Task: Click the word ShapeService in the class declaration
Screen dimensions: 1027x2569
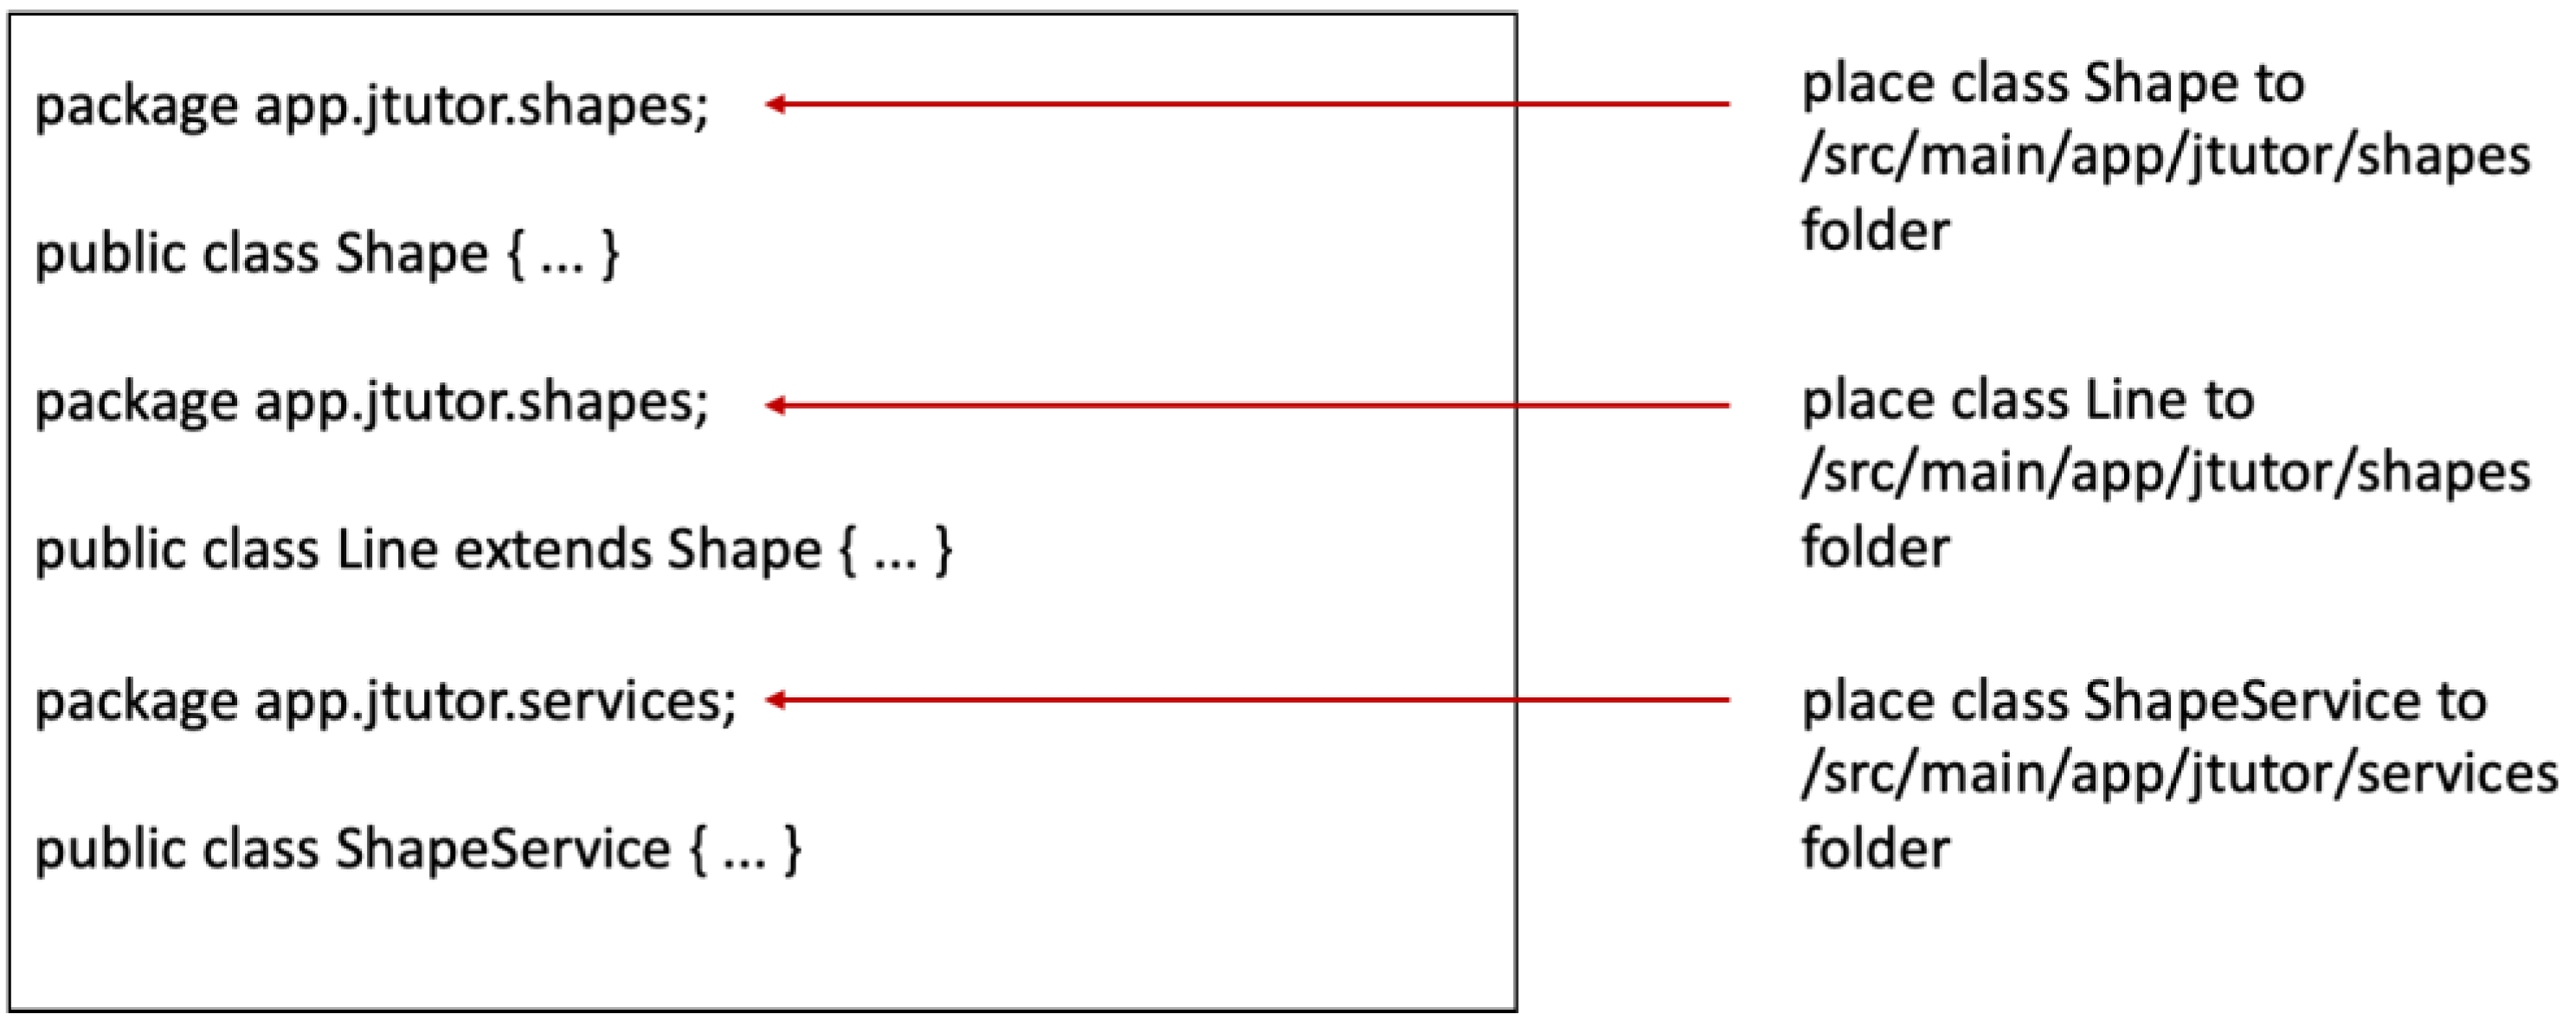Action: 502,850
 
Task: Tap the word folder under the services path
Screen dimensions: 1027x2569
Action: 1875,849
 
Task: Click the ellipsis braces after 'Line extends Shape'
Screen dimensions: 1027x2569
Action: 895,549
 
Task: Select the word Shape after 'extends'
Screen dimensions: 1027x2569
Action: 743,549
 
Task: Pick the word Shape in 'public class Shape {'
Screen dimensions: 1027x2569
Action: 411,254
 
